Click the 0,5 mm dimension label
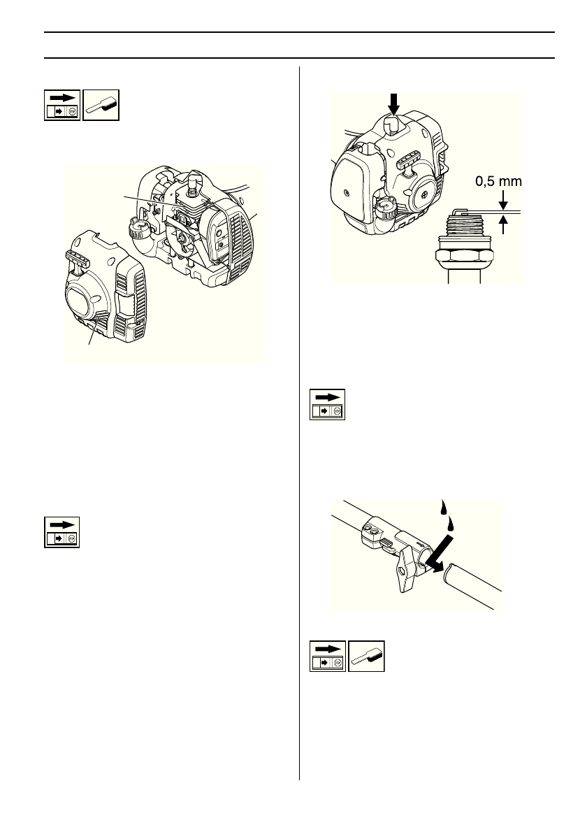pos(498,181)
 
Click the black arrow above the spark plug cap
pos(394,103)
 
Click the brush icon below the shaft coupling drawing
pos(366,657)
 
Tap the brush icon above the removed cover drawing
pos(101,105)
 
